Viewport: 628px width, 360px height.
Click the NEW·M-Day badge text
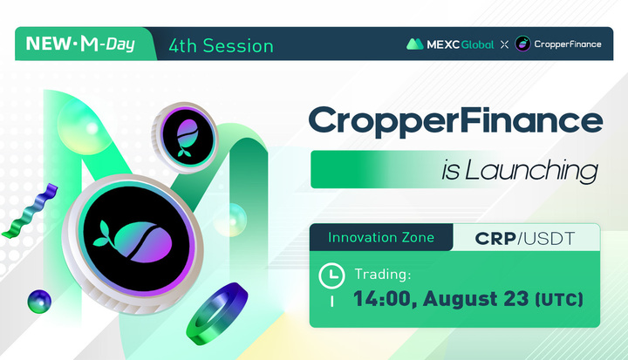pyautogui.click(x=81, y=44)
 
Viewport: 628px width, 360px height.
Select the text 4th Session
pyautogui.click(x=221, y=44)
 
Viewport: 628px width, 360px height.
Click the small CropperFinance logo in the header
pyautogui.click(x=522, y=44)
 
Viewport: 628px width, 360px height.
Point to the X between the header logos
pyautogui.click(x=503, y=44)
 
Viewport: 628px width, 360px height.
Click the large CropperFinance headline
pyautogui.click(x=456, y=121)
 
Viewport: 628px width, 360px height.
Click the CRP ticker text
pyautogui.click(x=496, y=237)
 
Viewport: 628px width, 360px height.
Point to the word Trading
pyautogui.click(x=382, y=275)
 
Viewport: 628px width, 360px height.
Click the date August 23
pyautogui.click(x=474, y=300)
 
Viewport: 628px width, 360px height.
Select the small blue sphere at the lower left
pyautogui.click(x=39, y=302)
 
